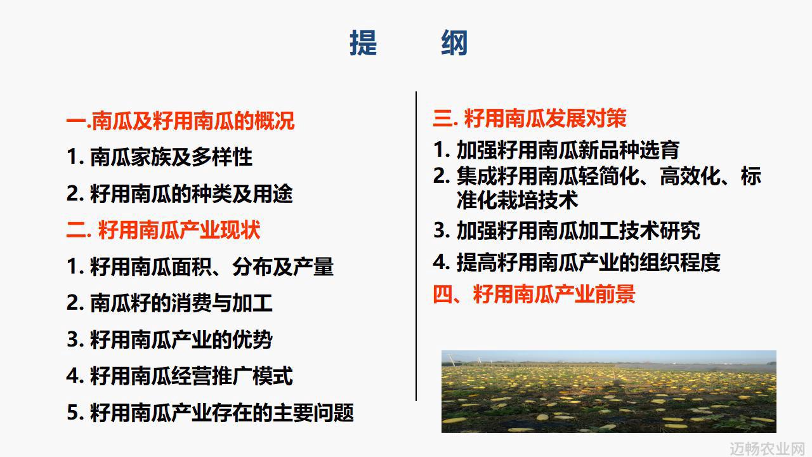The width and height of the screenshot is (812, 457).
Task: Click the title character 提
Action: tap(363, 43)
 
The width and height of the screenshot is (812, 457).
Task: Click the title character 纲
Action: tap(454, 43)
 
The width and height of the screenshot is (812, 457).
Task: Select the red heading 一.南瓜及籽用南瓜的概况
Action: tap(180, 121)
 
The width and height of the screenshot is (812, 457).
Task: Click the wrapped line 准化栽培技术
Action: tap(517, 200)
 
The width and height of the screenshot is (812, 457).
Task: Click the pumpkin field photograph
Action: tap(608, 392)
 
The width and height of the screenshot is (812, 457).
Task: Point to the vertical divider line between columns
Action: tap(416, 246)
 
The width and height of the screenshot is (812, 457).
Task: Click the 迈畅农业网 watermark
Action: tap(770, 449)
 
